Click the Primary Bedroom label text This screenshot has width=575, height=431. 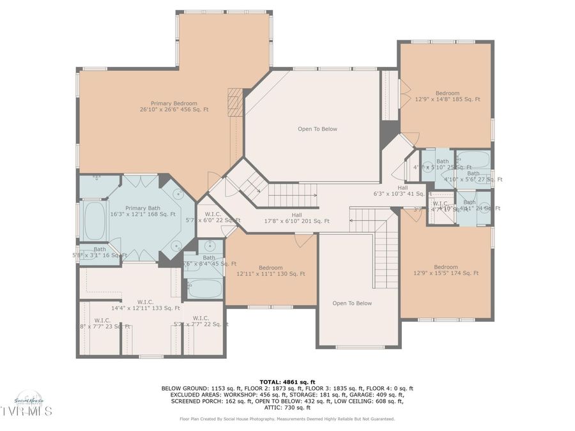pos(174,107)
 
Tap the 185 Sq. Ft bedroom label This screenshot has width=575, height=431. pos(447,96)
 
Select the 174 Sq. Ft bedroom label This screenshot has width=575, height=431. pos(446,270)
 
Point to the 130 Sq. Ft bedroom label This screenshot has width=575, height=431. pos(271,271)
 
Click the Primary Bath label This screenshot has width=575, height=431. pos(143,211)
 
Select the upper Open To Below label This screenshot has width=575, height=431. pos(317,129)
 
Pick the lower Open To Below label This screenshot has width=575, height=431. pos(352,303)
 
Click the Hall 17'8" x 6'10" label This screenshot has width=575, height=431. pos(297,218)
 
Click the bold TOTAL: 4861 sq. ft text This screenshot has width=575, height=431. pos(287,381)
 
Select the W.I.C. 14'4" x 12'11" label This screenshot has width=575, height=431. pos(145,305)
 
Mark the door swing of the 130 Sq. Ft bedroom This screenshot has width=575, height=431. pos(304,241)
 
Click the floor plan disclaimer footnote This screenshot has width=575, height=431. pos(287,419)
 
